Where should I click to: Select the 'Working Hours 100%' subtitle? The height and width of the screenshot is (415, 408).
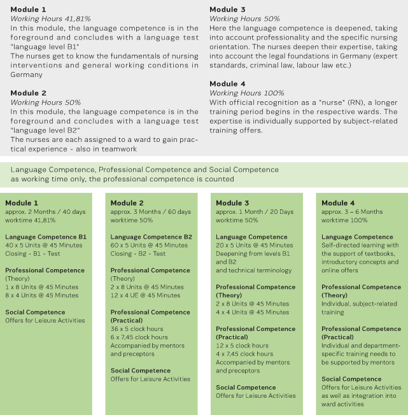pos(247,93)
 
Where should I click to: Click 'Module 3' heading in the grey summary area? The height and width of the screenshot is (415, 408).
pos(227,10)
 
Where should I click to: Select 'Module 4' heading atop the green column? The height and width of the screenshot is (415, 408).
pos(339,203)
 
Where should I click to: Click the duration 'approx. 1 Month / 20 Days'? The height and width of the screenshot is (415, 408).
pos(255,211)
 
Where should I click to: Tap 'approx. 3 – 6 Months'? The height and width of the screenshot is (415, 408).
pos(352,211)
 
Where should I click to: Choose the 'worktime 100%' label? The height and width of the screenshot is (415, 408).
pos(345,220)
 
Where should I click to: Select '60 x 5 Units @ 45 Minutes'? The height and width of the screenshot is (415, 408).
pos(149,245)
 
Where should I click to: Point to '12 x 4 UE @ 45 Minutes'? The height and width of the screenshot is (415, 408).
pos(145,295)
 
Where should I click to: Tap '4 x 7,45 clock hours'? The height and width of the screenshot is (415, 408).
pos(244,353)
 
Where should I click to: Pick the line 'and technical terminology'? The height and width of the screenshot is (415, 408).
pos(253,270)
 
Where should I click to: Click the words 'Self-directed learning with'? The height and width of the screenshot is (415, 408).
pos(359,245)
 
